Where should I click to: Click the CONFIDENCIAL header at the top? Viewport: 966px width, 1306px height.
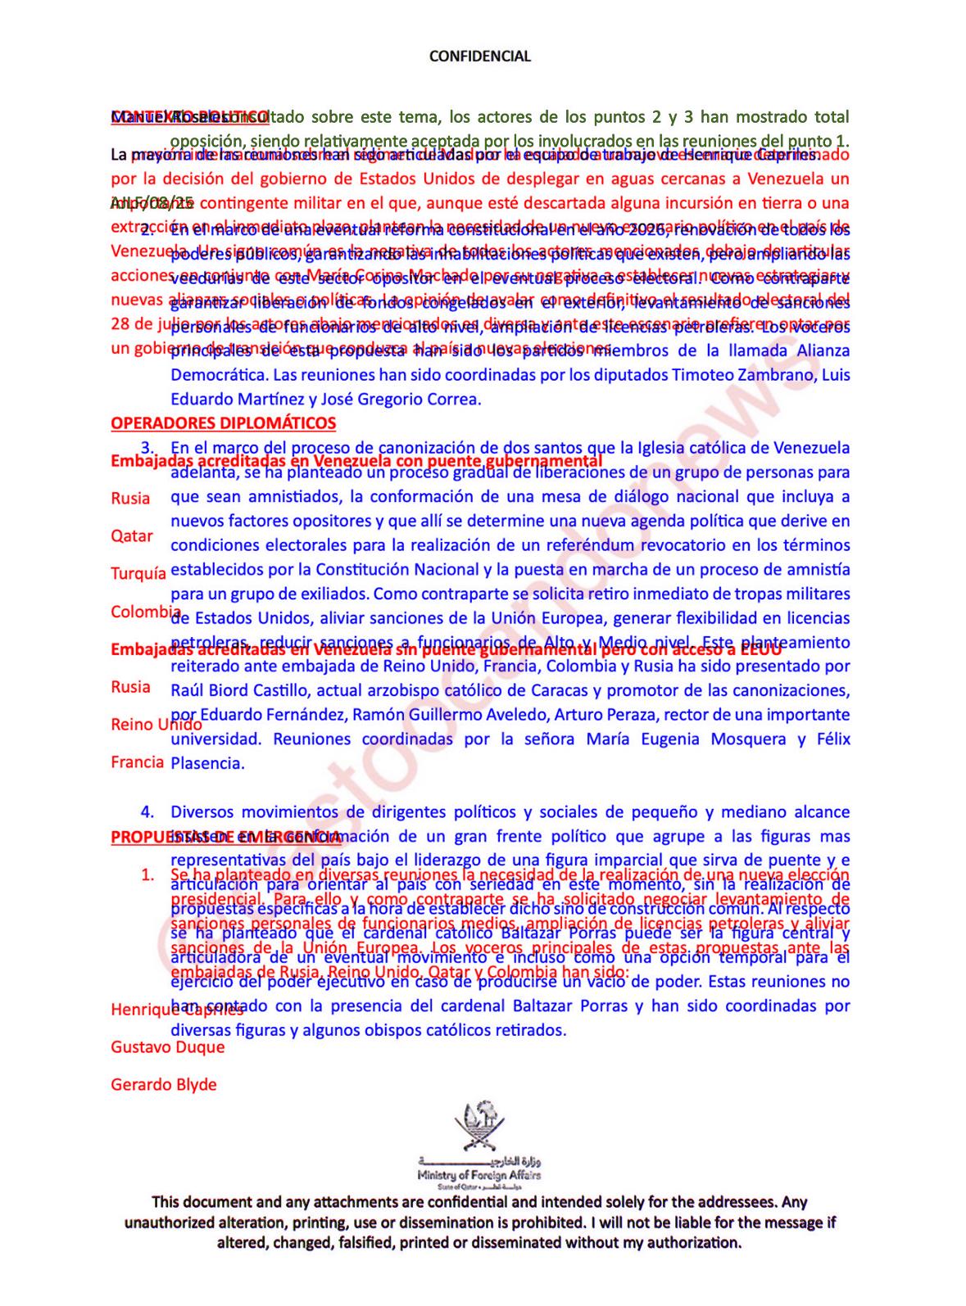pos(480,56)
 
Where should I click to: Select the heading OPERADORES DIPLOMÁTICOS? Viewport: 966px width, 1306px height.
pos(223,423)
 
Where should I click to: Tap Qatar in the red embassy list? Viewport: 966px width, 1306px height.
pos(132,536)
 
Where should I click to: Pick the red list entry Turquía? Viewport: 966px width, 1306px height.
pos(138,573)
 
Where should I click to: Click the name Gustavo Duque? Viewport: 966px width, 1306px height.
pos(167,1046)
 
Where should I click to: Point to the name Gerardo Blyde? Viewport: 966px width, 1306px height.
pos(164,1084)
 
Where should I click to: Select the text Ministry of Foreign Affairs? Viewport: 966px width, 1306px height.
pos(478,1175)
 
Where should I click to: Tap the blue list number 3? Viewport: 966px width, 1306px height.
pos(148,448)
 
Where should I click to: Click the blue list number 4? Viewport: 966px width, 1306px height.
pos(147,812)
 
